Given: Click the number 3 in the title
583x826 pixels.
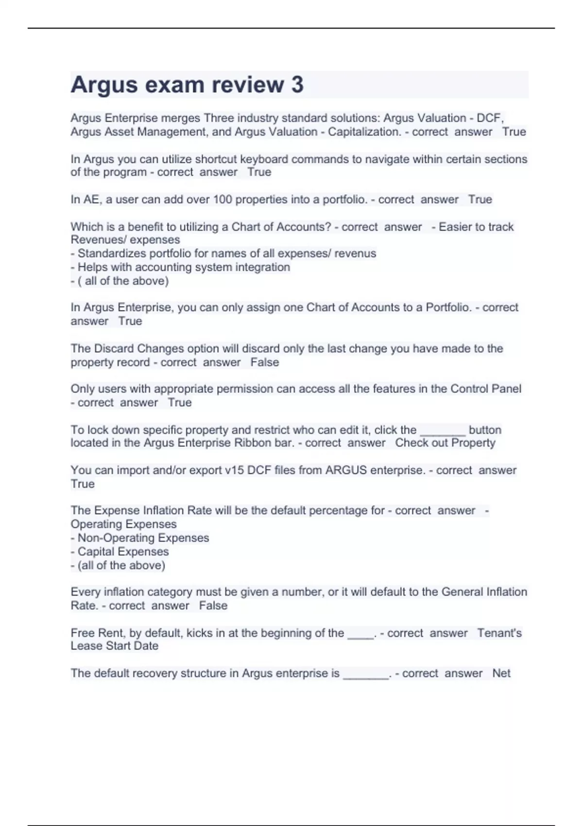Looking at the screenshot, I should click(x=297, y=85).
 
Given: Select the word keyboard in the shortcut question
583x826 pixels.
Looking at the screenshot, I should click(x=262, y=159).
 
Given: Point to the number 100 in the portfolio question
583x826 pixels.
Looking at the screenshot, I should click(x=223, y=199).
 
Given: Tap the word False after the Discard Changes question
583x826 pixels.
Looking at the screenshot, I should click(x=265, y=362).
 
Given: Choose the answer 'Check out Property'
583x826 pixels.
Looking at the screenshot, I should click(x=445, y=443).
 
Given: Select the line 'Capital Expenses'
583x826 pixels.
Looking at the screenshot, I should click(x=123, y=551).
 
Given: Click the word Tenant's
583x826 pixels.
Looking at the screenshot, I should click(x=499, y=633).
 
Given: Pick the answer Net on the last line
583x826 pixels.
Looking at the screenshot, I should click(x=501, y=673).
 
